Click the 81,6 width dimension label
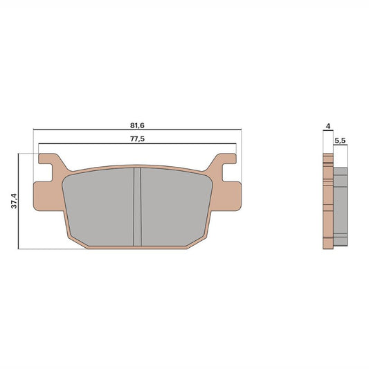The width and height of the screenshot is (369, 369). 136,125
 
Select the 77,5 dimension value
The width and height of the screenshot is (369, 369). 136,139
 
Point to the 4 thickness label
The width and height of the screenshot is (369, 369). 327,126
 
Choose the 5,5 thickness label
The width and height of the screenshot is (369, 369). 340,140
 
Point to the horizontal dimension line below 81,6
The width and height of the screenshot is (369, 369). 136,130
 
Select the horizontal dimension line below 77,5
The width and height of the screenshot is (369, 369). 136,144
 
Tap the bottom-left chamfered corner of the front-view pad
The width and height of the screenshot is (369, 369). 75,237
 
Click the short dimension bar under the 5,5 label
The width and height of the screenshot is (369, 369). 340,147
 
